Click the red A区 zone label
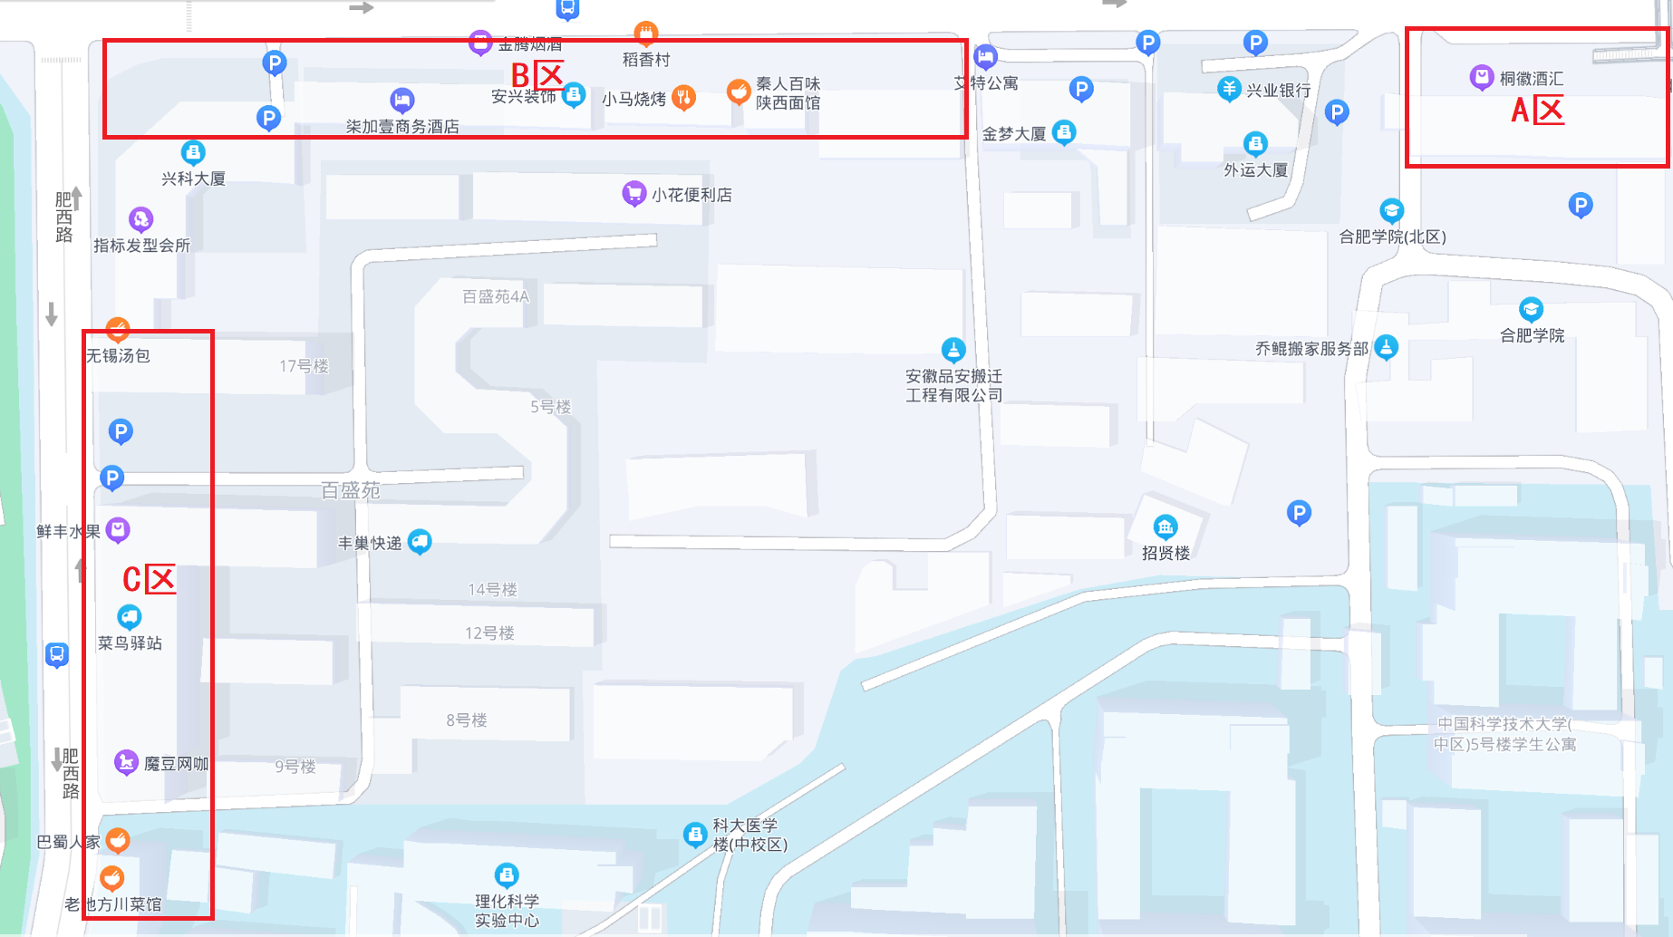coord(1537,111)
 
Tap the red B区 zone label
coord(537,75)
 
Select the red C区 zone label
coord(149,579)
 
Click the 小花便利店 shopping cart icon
coord(633,193)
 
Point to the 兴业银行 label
coord(1278,91)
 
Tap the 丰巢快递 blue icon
coord(420,542)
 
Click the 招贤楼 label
coord(1165,553)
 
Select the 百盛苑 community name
coord(351,490)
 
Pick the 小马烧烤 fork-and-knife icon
coord(684,97)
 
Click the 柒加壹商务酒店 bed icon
coord(402,100)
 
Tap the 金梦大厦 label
coord(1014,134)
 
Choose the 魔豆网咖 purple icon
coord(126,762)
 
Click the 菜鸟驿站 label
coord(130,643)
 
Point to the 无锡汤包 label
coord(118,356)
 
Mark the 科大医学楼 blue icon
coord(694,834)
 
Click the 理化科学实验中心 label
coord(507,911)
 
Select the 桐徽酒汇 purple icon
coord(1481,77)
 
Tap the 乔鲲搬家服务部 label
coord(1311,349)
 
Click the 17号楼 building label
coord(304,366)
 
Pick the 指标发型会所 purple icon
coord(140,218)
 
